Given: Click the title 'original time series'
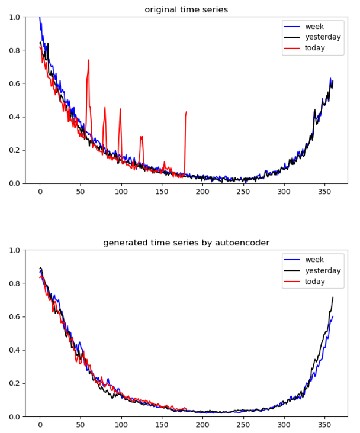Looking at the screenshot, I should (x=186, y=9).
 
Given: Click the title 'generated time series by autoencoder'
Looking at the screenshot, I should (x=186, y=243).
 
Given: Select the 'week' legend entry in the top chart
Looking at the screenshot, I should (x=314, y=27).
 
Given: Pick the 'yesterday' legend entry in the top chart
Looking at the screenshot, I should (x=323, y=37).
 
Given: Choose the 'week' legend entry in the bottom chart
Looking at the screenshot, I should (x=314, y=260).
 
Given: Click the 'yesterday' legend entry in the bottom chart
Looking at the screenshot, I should (x=323, y=270).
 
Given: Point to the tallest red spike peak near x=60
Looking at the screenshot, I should (x=89, y=60).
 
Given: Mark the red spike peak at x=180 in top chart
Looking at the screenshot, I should (x=187, y=111).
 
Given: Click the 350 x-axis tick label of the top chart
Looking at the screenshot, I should (x=324, y=192).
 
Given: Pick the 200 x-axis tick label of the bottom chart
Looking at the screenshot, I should (x=202, y=425).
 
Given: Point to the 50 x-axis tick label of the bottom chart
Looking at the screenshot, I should (x=81, y=425).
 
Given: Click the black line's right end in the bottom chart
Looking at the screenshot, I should (x=333, y=298).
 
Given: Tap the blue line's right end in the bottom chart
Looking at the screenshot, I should (x=333, y=316).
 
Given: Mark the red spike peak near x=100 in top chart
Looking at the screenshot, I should (x=120, y=109).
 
